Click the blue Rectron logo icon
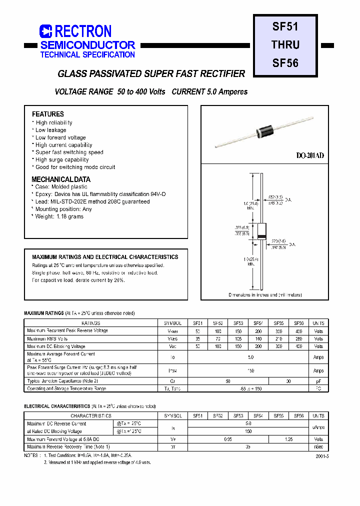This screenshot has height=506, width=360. point(45,31)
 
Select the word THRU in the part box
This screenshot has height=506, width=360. point(285,44)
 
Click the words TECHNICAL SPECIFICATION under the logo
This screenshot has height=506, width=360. point(87,54)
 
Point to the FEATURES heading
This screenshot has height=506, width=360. point(48,114)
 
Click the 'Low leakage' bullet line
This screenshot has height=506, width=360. point(50,130)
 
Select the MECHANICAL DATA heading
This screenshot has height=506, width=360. point(61,179)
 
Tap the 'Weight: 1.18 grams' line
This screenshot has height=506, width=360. point(59,216)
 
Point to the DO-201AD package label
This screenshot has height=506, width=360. point(310,155)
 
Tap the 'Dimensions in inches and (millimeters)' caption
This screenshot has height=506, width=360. point(265,295)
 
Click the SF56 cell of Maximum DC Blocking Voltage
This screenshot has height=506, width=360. point(298,346)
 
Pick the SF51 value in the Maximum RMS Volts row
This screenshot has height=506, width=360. point(197,338)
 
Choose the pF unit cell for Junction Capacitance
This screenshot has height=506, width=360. point(318,381)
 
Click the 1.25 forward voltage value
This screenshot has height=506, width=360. point(288,439)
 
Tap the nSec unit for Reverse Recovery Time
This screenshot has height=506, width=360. point(318,446)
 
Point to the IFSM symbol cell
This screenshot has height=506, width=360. point(172,370)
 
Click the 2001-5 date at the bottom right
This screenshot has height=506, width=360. point(322,456)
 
